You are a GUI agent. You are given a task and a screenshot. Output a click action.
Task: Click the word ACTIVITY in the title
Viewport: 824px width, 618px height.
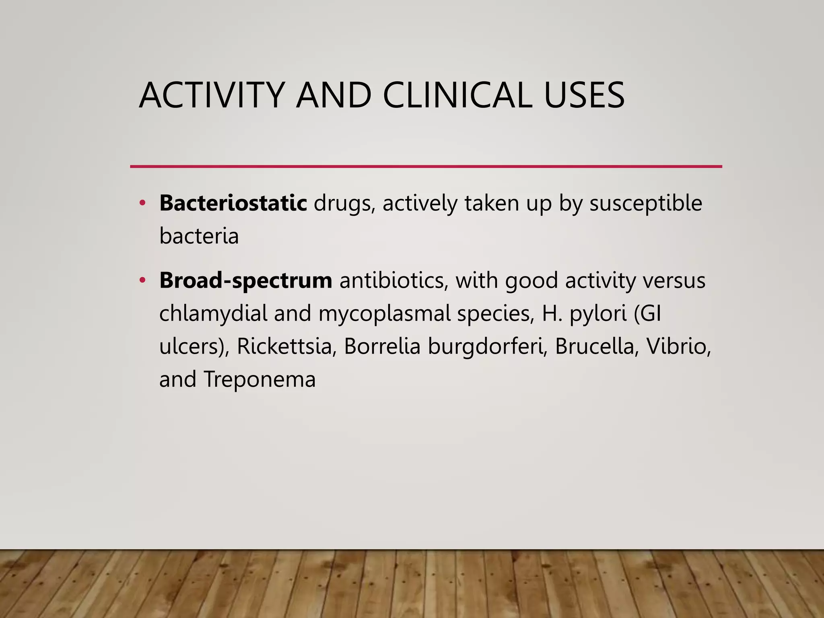pyautogui.click(x=212, y=96)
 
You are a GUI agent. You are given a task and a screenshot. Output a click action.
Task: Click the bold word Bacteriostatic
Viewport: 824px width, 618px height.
pyautogui.click(x=233, y=203)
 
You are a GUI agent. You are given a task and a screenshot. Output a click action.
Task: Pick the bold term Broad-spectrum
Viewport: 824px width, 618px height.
pyautogui.click(x=245, y=280)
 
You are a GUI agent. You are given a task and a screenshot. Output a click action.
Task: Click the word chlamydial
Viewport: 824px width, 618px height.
pyautogui.click(x=213, y=313)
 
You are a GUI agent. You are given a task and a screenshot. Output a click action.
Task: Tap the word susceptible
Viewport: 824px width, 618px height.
pyautogui.click(x=645, y=203)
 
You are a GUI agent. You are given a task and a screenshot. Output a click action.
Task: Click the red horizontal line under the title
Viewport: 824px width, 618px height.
pyautogui.click(x=426, y=166)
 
